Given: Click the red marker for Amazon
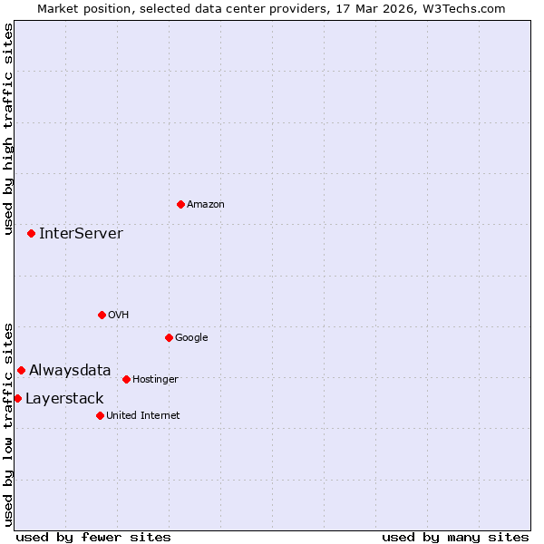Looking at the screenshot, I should [x=180, y=204].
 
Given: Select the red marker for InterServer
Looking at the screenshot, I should [x=31, y=233].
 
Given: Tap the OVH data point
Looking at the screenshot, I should [x=102, y=315].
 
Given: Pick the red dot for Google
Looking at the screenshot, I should [x=169, y=337].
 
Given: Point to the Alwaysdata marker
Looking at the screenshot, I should [x=21, y=370].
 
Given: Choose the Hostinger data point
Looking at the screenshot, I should [x=126, y=379].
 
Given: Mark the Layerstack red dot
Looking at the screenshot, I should [x=17, y=398].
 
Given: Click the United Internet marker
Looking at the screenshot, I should [x=100, y=415].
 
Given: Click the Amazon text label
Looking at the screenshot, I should [x=206, y=204].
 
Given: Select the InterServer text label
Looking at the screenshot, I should [x=81, y=233].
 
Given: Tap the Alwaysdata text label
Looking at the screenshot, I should [x=70, y=370].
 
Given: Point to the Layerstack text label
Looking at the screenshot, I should [x=64, y=398].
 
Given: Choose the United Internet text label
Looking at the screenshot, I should [x=142, y=415].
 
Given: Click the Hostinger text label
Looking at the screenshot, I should [x=155, y=379].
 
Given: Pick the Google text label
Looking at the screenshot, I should [x=191, y=337].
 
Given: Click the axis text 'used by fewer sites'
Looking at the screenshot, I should [x=93, y=537].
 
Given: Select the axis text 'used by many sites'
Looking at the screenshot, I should [x=455, y=537].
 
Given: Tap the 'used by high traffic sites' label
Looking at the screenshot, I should [x=8, y=129].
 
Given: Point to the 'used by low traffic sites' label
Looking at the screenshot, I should [x=8, y=423].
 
